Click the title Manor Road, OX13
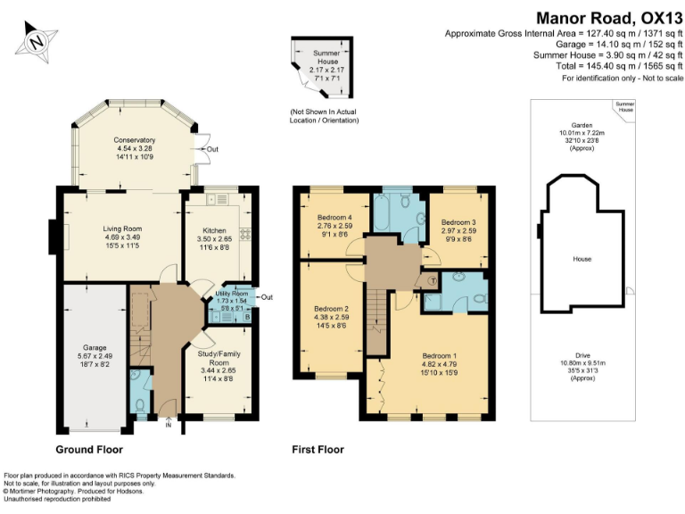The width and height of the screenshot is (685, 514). (608, 17)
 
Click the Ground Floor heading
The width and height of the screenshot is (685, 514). (89, 450)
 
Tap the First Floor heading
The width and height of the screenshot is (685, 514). (318, 450)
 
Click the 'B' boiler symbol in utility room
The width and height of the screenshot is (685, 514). (246, 316)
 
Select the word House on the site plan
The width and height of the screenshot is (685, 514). (582, 258)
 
